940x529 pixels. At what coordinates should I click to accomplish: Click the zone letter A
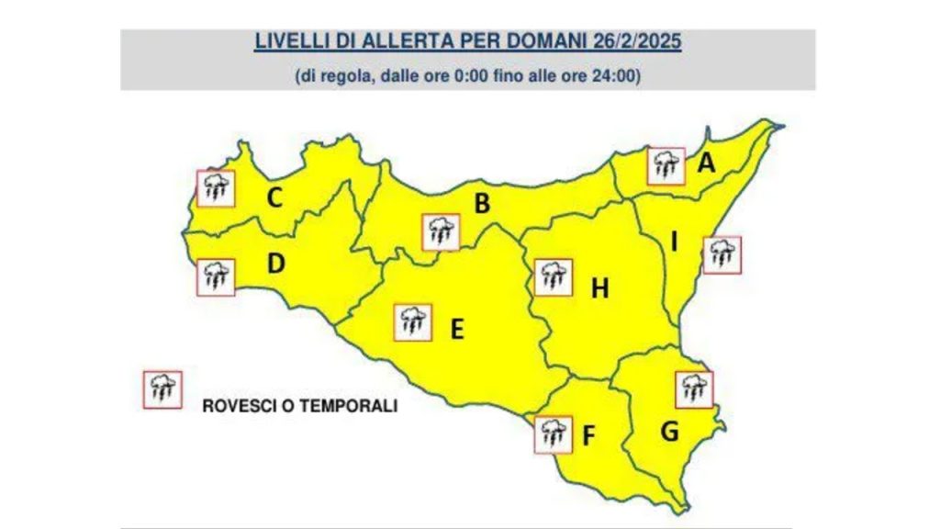point(706,163)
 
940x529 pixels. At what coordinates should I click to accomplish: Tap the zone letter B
point(481,204)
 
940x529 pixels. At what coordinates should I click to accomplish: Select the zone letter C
point(274,197)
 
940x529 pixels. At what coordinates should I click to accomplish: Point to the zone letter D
point(275,264)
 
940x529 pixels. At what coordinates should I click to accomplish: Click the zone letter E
point(456,328)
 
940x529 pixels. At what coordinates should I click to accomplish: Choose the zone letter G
point(670,430)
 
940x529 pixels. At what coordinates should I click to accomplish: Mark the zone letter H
point(599,289)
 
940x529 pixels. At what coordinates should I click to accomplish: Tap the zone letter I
point(675,242)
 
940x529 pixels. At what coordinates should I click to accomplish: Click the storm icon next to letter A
point(665,166)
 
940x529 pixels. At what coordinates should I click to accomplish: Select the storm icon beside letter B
point(440,231)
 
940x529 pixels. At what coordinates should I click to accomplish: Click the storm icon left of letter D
point(216,276)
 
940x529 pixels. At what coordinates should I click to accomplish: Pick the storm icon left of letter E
point(412,322)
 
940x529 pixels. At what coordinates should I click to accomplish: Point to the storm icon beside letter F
point(553,434)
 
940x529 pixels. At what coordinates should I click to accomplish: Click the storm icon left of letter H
point(553,276)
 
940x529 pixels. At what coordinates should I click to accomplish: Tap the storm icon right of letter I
point(722,254)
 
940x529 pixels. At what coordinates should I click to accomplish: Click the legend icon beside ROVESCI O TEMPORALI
point(162,389)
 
